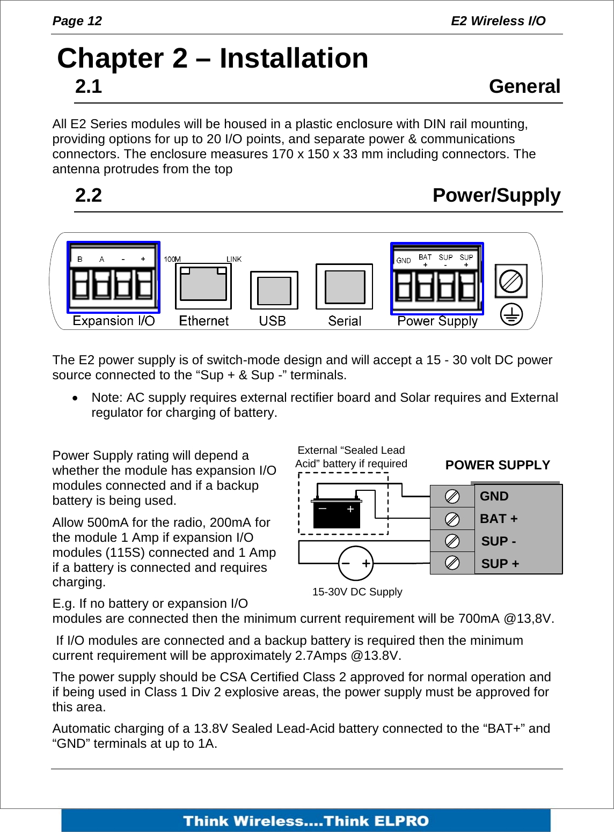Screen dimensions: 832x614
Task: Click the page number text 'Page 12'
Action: [x=77, y=21]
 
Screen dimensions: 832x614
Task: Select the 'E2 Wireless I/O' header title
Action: [x=498, y=21]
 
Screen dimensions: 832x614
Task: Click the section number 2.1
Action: [x=89, y=87]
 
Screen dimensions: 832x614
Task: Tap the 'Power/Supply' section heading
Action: [x=496, y=195]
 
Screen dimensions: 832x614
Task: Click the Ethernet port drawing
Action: [x=203, y=286]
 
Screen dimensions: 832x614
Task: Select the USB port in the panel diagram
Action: [x=274, y=290]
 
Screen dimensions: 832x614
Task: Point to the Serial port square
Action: [x=344, y=286]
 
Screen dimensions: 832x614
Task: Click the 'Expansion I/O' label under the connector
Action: [x=114, y=321]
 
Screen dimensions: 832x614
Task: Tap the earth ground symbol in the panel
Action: [x=511, y=315]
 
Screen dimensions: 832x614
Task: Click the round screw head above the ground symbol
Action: [x=510, y=281]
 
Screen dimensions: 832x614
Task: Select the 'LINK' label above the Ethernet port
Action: [x=234, y=259]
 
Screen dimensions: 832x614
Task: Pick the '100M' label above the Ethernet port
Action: [x=172, y=259]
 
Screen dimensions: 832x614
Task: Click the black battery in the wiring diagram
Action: [x=337, y=513]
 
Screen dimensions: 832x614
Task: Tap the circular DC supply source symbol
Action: [x=356, y=563]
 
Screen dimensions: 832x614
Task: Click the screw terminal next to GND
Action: [x=452, y=496]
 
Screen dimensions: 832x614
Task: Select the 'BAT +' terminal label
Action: [x=499, y=519]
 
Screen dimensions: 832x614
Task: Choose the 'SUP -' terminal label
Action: [x=499, y=541]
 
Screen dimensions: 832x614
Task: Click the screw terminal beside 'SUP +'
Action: [x=452, y=563]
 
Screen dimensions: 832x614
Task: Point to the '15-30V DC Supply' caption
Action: [x=357, y=592]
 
